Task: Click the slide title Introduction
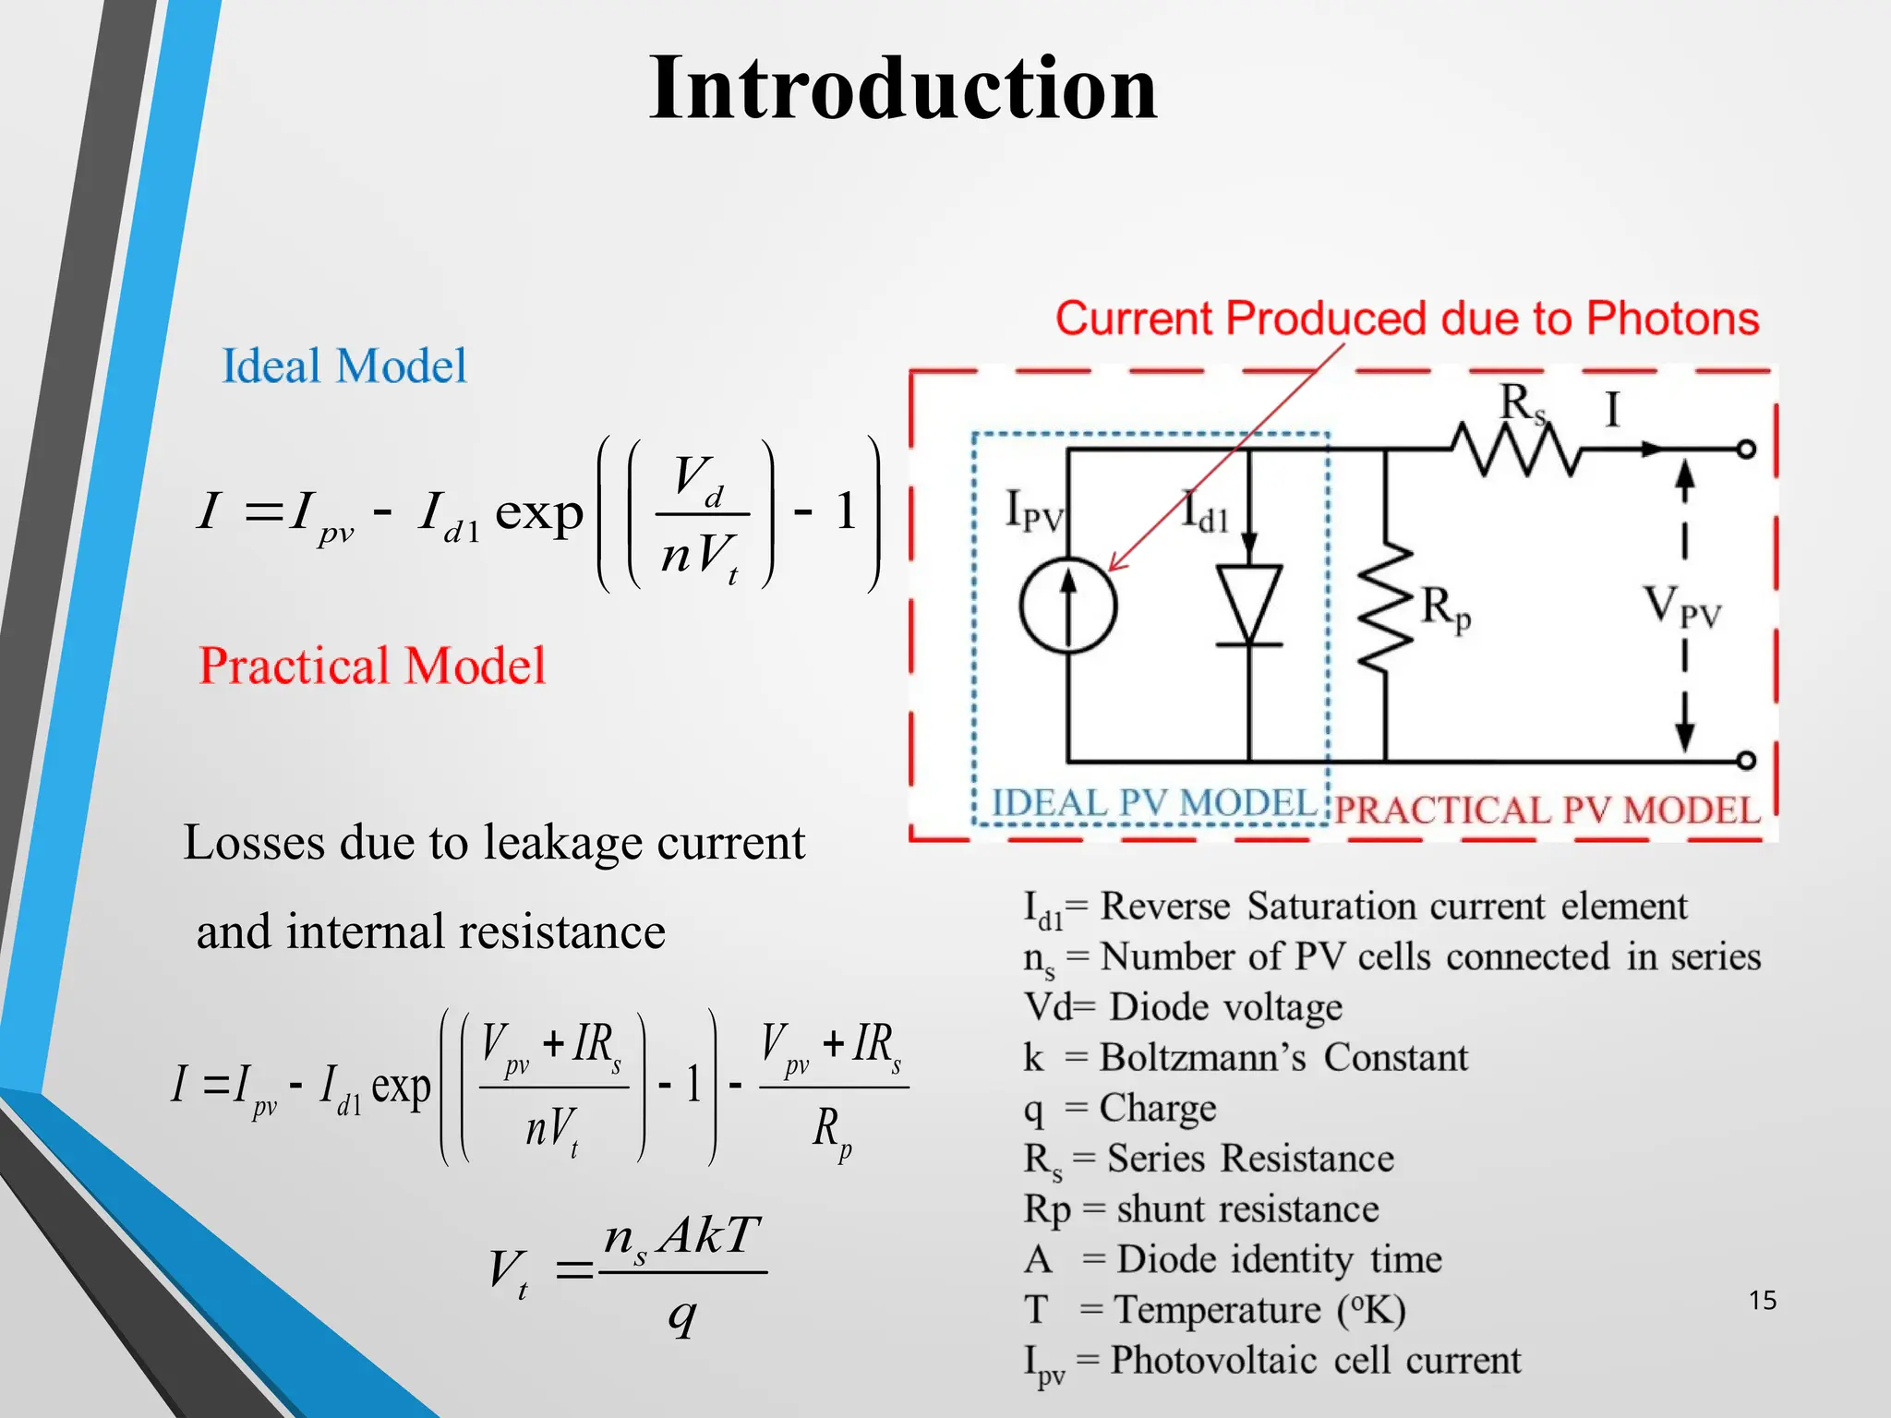[902, 89]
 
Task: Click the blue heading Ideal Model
[343, 366]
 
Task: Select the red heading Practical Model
[372, 666]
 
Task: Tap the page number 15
[1762, 1301]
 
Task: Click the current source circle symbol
[1068, 607]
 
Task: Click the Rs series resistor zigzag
[1514, 450]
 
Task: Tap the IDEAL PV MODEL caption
[1153, 803]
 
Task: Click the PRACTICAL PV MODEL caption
[1548, 811]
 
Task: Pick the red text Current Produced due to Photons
[1406, 318]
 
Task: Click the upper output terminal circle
[1746, 450]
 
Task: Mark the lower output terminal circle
[1746, 761]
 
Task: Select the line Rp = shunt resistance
[1200, 1209]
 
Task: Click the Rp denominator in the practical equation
[832, 1132]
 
